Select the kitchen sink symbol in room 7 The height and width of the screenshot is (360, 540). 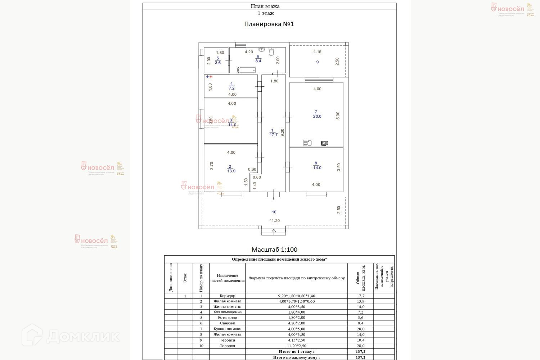307,143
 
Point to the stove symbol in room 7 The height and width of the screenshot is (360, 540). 324,143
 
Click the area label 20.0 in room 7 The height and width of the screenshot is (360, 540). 317,117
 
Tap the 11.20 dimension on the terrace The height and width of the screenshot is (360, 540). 275,221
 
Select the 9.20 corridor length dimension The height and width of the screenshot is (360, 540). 283,132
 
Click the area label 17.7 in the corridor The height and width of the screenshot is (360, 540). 274,135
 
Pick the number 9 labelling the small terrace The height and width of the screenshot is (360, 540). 318,62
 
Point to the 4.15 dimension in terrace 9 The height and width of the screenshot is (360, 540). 317,52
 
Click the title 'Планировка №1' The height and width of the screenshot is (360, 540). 269,24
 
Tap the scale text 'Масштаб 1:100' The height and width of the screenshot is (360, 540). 274,249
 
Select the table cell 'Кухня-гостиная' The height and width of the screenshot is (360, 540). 228,329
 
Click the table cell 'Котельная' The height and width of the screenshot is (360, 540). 228,318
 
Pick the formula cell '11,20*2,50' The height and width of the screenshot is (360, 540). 297,346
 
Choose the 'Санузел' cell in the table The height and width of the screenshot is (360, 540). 228,323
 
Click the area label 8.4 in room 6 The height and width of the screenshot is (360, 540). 258,61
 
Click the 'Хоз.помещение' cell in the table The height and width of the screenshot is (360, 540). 228,312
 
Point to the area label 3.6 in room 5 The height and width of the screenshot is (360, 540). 218,63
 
